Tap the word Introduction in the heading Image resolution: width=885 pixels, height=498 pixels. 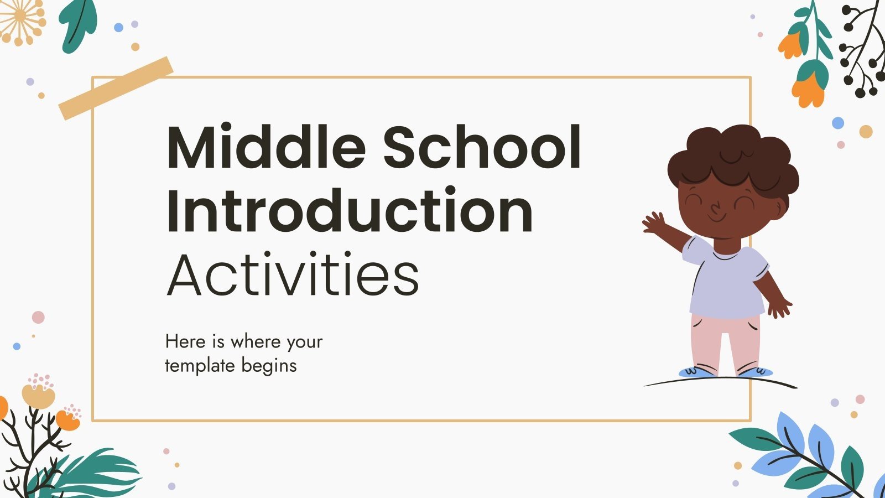point(349,211)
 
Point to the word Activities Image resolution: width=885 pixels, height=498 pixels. point(293,274)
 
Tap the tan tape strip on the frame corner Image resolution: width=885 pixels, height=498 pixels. point(116,88)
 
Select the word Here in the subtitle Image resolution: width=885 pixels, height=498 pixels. point(185,341)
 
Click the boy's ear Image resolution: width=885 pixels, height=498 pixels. point(781,207)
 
